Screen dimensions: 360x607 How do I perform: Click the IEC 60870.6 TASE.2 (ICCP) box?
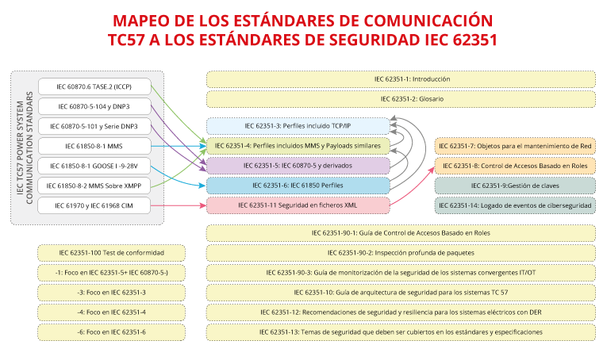pos(94,86)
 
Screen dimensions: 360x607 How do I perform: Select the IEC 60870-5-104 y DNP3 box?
pos(94,106)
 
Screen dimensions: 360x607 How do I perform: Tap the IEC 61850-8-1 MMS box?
pos(94,146)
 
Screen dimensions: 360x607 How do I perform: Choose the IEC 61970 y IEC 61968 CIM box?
pos(94,205)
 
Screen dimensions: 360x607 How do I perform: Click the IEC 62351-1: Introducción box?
pos(401,79)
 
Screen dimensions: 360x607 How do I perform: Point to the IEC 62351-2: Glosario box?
pos(401,99)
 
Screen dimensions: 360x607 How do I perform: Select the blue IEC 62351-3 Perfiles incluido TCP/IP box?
pos(298,126)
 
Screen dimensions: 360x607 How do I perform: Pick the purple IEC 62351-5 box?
pos(298,166)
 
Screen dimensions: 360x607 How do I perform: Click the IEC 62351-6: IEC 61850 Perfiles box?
pos(298,186)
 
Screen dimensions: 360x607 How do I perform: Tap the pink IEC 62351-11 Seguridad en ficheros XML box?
pos(298,205)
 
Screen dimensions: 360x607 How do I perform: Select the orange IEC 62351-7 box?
pos(515,146)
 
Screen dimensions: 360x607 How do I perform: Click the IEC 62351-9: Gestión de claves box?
pos(515,186)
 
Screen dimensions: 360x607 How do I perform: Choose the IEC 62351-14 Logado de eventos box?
pos(515,205)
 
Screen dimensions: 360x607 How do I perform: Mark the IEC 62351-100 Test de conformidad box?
pos(111,252)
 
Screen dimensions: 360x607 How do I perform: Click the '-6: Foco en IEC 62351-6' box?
pos(111,331)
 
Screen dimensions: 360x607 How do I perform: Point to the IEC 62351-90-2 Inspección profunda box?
pos(401,252)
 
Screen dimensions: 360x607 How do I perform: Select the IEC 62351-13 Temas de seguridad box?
pos(401,331)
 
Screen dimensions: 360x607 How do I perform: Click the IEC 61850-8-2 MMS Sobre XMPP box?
pos(94,186)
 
